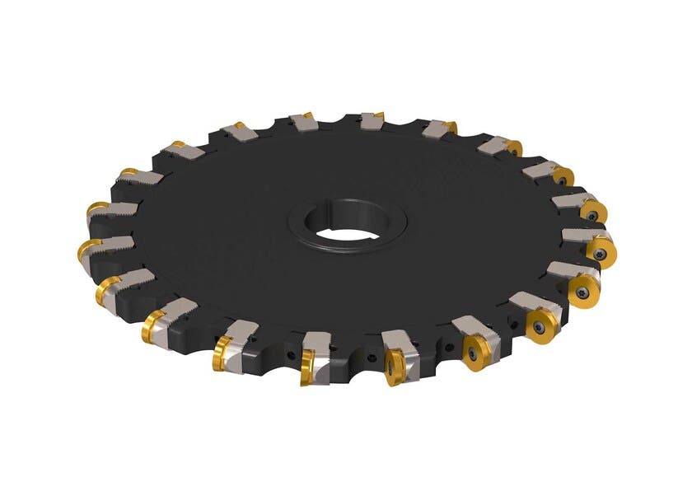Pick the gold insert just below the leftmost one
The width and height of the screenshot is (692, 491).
[108, 291]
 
